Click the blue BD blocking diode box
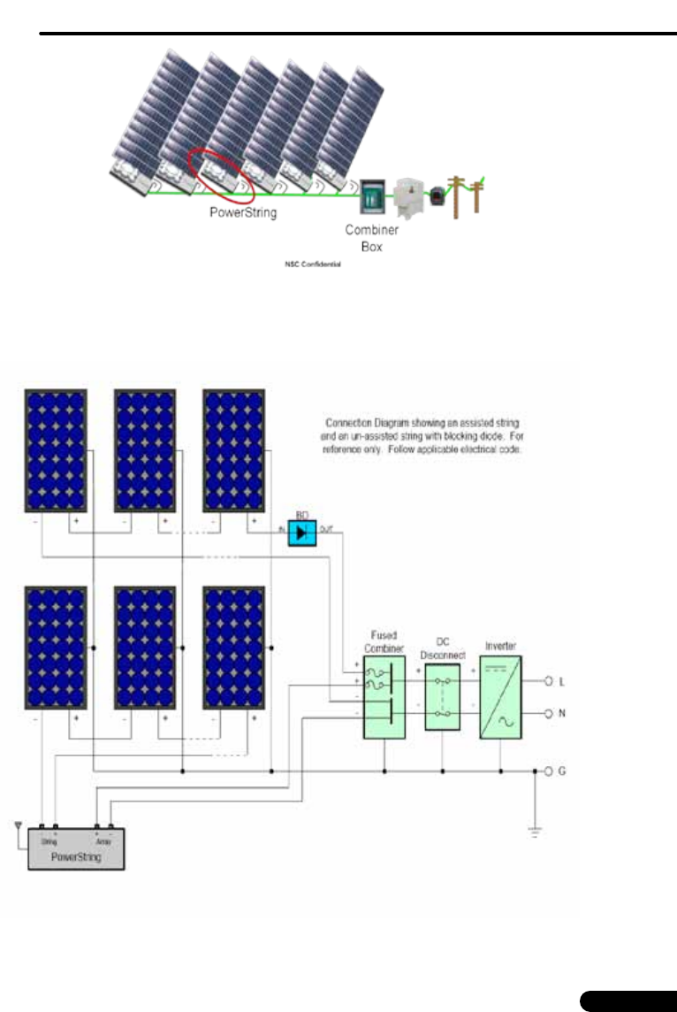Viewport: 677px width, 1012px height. (x=302, y=532)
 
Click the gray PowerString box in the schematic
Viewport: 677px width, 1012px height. (x=76, y=848)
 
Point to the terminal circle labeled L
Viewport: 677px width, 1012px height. (x=548, y=681)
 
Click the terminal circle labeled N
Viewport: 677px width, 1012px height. (x=548, y=712)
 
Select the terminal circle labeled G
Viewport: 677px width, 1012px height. (x=548, y=771)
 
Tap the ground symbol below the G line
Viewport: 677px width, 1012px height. (x=535, y=830)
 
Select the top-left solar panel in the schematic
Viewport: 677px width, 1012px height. (x=56, y=450)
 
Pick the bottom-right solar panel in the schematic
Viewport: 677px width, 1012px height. (x=234, y=647)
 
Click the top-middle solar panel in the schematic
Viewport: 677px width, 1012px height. (x=145, y=450)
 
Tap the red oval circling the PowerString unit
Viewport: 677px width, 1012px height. (x=221, y=172)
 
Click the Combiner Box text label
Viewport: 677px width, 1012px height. (x=372, y=238)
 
